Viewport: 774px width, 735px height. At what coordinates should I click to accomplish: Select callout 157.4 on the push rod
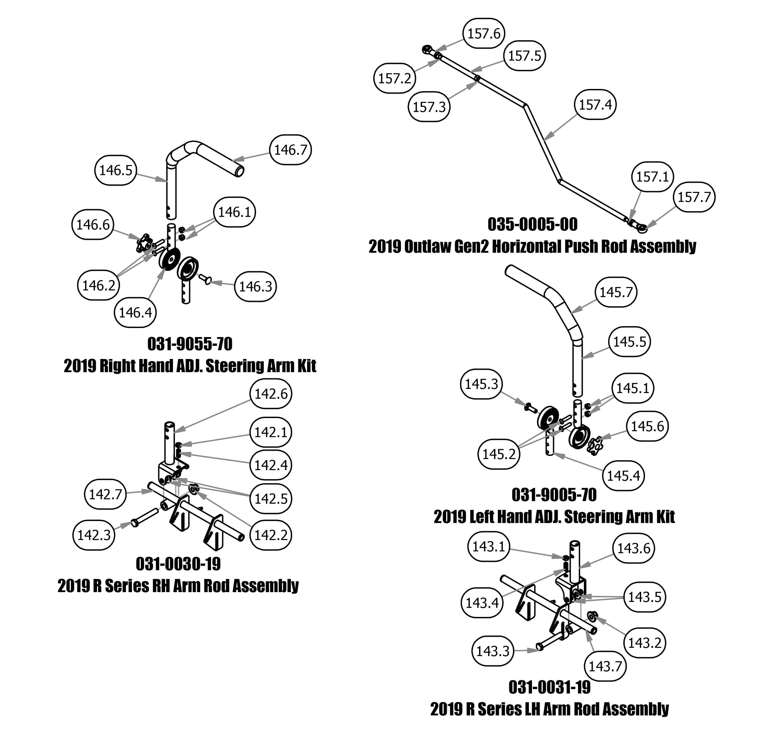pyautogui.click(x=595, y=105)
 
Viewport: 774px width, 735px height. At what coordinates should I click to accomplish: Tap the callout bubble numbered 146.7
pyautogui.click(x=291, y=150)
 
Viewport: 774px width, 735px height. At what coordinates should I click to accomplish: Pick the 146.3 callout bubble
pyautogui.click(x=255, y=287)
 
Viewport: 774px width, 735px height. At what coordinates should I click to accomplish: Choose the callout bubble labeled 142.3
pyautogui.click(x=94, y=535)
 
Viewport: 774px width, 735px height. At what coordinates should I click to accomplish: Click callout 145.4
pyautogui.click(x=623, y=476)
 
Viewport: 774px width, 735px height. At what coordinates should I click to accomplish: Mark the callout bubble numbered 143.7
pyautogui.click(x=605, y=666)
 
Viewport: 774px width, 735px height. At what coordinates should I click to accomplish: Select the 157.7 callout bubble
pyautogui.click(x=694, y=197)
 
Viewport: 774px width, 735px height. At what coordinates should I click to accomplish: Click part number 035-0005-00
pyautogui.click(x=532, y=224)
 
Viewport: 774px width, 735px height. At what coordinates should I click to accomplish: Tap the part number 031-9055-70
pyautogui.click(x=190, y=344)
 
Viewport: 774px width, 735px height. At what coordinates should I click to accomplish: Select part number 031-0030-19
pyautogui.click(x=178, y=564)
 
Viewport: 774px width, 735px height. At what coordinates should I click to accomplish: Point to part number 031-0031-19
pyautogui.click(x=550, y=687)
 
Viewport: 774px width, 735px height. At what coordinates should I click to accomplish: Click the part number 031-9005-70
pyautogui.click(x=554, y=495)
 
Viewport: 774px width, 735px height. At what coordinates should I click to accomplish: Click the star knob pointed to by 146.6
pyautogui.click(x=144, y=243)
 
